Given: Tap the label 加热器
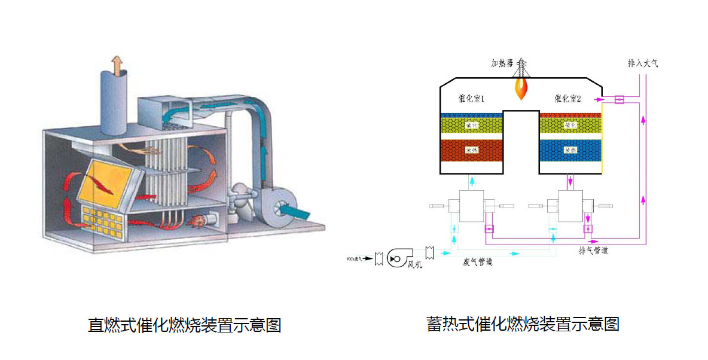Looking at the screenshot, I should (502, 63).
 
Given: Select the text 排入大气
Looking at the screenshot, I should (643, 63).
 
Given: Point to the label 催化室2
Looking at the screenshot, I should (567, 99).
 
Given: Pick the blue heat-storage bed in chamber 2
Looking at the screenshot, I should (570, 150).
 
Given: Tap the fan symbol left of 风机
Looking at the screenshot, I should (395, 258).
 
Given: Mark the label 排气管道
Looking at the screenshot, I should (593, 251).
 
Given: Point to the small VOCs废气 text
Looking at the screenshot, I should (359, 259).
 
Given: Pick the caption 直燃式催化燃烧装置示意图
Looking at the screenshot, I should (184, 325).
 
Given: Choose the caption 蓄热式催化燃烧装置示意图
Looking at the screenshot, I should (523, 324).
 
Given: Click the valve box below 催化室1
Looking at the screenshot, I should (471, 206).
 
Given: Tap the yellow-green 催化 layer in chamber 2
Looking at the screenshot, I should (570, 126).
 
